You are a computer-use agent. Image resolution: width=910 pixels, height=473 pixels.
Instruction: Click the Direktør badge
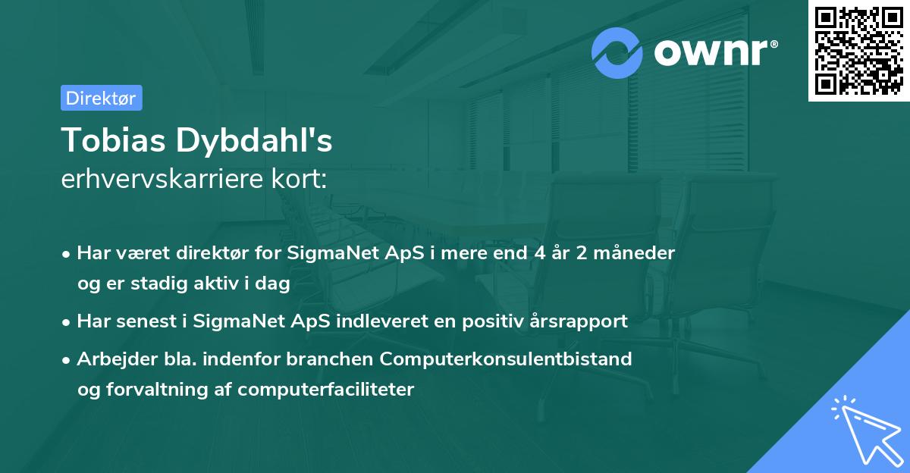(101, 98)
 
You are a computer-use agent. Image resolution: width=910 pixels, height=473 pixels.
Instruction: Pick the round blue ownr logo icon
(617, 52)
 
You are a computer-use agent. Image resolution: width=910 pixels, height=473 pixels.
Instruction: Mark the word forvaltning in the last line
(156, 390)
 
